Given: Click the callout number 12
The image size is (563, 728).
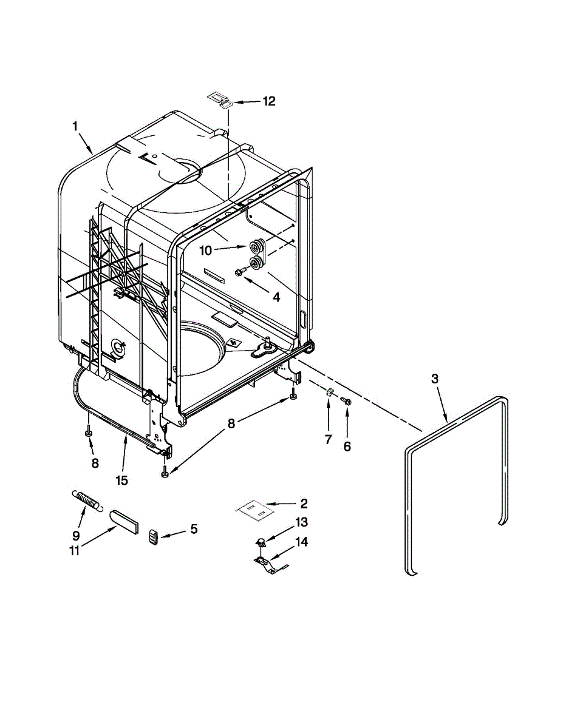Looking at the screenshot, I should point(268,101).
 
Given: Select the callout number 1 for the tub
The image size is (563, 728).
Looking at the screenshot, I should point(75,127).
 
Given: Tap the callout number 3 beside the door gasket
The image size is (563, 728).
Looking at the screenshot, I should point(435,379).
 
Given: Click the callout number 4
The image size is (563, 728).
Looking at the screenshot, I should point(276,297).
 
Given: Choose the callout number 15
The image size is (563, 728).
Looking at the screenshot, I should point(122,480).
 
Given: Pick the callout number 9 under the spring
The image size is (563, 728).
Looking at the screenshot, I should point(76,535).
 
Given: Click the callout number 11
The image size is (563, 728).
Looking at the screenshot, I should point(75,551).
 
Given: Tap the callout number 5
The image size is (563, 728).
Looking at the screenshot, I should point(194,529).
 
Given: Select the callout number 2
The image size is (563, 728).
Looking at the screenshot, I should point(304,503).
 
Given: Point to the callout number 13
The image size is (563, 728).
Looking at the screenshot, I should point(302,522).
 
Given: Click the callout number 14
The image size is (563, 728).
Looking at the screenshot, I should point(302,542).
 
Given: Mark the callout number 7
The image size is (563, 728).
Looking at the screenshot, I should point(329,440).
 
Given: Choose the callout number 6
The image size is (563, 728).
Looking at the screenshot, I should point(347,447).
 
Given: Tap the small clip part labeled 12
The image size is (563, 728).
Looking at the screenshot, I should point(219,99).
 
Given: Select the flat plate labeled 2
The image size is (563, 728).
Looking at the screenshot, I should point(256,510).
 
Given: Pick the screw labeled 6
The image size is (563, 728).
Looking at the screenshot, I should point(346,400).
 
